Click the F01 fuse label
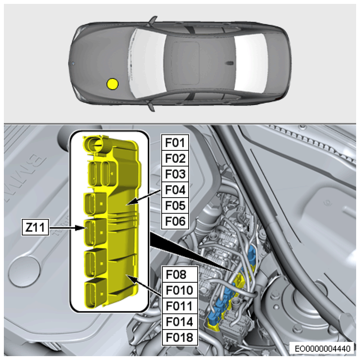point(175,143)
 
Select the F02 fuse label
point(175,159)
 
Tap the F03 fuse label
point(175,174)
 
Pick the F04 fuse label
point(175,190)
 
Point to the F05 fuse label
point(175,205)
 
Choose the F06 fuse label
point(175,221)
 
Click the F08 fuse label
point(180,275)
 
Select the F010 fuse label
point(180,290)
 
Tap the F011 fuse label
point(180,306)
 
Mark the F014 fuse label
point(180,322)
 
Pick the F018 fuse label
point(180,338)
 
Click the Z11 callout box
point(35,227)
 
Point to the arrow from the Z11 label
point(67,228)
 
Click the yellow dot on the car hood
point(113,84)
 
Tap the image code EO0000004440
point(322,349)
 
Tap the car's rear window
point(251,63)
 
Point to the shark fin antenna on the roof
point(229,63)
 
